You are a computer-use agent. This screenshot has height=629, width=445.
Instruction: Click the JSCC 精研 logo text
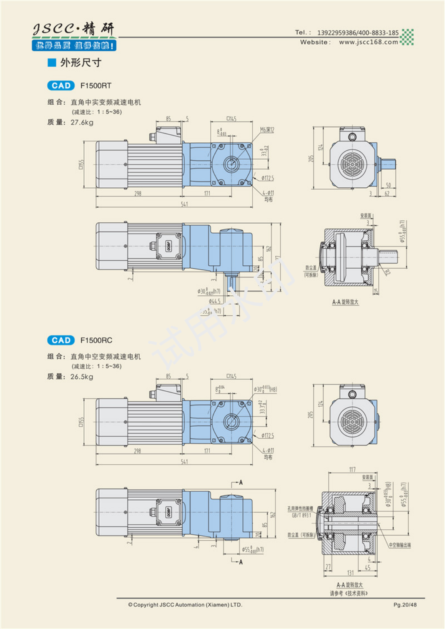click(x=73, y=29)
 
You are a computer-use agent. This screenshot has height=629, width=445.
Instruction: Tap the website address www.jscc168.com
click(x=368, y=42)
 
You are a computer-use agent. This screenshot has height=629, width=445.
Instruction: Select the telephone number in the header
click(x=357, y=33)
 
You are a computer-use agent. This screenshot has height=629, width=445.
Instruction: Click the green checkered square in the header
click(x=407, y=37)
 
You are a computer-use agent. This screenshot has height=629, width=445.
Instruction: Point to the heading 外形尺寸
click(x=80, y=63)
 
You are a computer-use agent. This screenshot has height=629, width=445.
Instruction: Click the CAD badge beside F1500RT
click(x=61, y=86)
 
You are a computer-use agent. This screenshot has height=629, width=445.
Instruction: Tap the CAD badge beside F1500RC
click(x=61, y=340)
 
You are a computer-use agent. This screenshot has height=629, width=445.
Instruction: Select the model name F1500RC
click(x=96, y=340)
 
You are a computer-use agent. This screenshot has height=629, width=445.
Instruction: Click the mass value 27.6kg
click(x=82, y=123)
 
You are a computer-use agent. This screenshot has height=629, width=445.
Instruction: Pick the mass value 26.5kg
click(x=82, y=377)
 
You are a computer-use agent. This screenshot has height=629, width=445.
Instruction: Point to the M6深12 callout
click(x=267, y=130)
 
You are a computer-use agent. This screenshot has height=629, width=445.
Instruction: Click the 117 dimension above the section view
click(x=352, y=470)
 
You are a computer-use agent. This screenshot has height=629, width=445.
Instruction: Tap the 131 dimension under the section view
click(x=350, y=573)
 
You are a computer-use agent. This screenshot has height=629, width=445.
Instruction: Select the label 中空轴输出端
click(x=400, y=545)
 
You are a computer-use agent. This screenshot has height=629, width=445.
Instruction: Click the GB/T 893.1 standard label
click(x=301, y=516)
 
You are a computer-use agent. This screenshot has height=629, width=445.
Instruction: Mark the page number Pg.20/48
click(x=405, y=605)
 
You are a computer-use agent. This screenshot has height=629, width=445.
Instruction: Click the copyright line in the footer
click(x=185, y=605)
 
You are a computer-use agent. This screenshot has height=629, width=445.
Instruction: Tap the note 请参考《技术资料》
click(x=349, y=593)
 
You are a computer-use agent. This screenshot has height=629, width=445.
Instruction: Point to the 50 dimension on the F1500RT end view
click(x=388, y=185)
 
